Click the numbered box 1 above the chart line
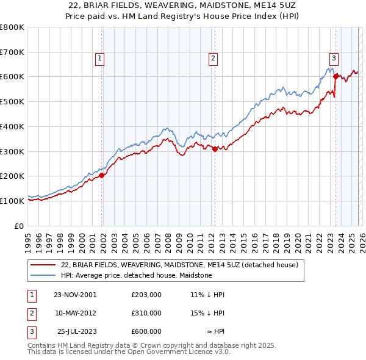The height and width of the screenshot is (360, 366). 99,59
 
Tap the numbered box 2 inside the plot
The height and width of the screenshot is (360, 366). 213,59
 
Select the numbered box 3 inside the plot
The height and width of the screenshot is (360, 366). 334,59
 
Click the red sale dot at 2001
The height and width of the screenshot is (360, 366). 102,175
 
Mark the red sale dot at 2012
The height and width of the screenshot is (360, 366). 215,148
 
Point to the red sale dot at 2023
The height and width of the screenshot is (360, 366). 335,77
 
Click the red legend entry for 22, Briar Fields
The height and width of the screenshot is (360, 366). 179,265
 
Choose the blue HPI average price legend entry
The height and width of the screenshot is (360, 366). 136,275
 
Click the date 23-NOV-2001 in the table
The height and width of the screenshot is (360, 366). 76,295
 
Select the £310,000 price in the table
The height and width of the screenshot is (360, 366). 146,313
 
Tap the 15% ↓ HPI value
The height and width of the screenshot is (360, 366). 207,313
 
